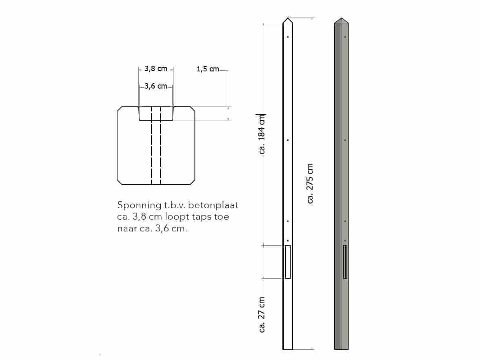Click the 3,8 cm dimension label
[156, 69]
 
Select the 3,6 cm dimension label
[156, 86]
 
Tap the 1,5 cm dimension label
[208, 69]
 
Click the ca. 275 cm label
[310, 183]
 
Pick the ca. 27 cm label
[262, 315]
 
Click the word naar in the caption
[126, 229]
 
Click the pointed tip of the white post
[288, 18]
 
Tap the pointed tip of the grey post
[341, 19]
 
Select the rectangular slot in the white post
[288, 262]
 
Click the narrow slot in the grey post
[345, 262]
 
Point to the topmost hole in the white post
[288, 37]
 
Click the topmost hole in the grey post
[345, 37]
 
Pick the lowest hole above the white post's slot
[288, 240]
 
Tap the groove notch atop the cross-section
[156, 113]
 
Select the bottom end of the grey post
[341, 348]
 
